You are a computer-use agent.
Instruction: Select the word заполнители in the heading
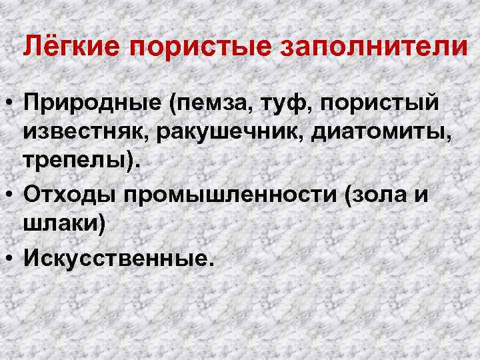pyautogui.click(x=371, y=47)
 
